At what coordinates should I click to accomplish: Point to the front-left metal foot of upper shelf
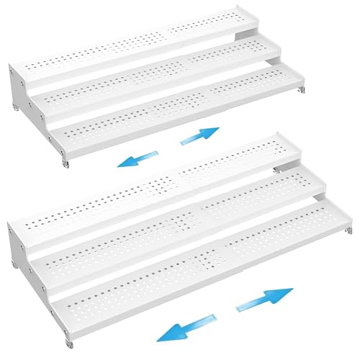[65, 165]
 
